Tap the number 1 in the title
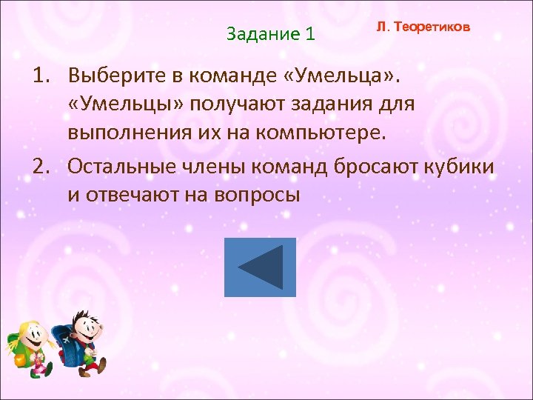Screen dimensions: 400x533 (309, 34)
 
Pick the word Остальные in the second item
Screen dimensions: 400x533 (121, 166)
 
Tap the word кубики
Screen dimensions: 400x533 (460, 166)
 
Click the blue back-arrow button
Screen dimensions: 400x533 (260, 267)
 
